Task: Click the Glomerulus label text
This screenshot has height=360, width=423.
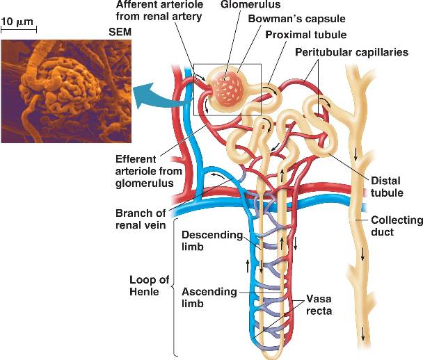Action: point(250,4)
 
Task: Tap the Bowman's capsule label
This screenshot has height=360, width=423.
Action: point(297,19)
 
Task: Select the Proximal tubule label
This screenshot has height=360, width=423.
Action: point(306,35)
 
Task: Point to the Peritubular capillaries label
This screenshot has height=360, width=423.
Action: point(352,52)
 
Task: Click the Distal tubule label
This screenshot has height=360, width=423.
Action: point(387,187)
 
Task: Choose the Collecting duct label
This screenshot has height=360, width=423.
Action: point(397,226)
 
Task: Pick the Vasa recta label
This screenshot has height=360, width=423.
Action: point(319,305)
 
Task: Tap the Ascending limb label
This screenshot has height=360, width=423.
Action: point(209,297)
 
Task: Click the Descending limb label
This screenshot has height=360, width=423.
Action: point(212,240)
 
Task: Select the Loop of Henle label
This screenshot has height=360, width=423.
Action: point(149,286)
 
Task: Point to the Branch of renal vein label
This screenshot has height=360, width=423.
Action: point(141,219)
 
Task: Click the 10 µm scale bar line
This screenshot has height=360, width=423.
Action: point(19,30)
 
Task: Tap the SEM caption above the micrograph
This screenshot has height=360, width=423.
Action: point(120,32)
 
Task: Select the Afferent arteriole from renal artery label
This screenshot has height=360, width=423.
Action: point(159,10)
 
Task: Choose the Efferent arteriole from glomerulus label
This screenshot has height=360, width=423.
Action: point(148,171)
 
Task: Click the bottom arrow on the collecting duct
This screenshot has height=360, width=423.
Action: point(363,334)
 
